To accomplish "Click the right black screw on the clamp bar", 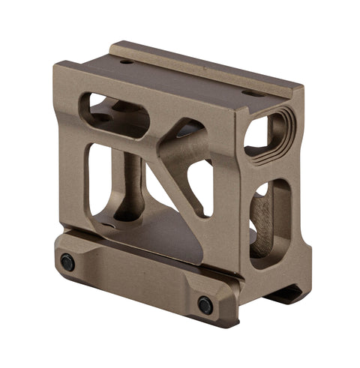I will coord(205,304).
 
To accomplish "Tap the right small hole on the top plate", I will coord(249,93).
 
